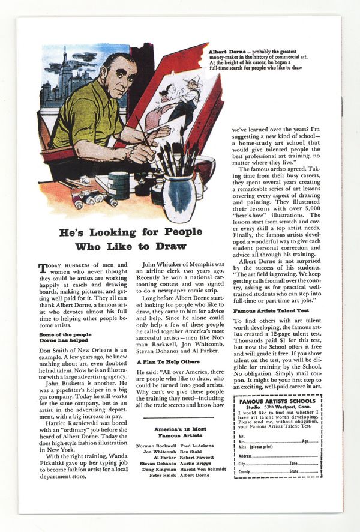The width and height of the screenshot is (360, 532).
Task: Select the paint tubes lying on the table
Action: pyautogui.click(x=90, y=198)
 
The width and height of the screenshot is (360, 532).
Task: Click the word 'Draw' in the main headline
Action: pyautogui.click(x=172, y=246)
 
